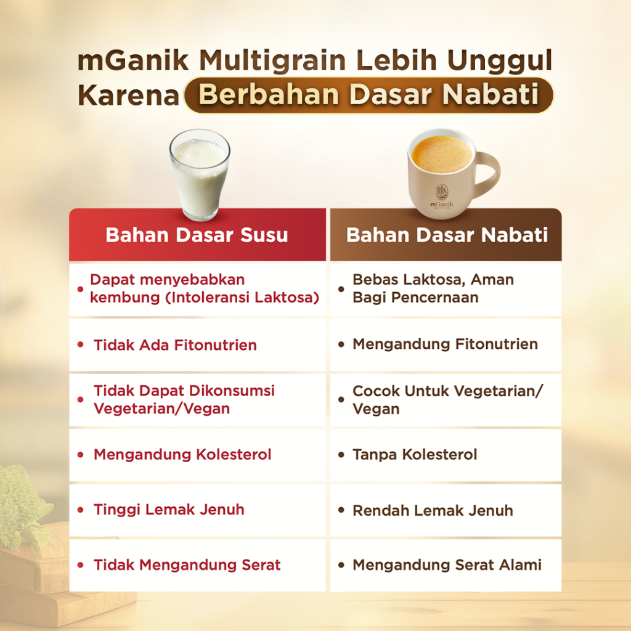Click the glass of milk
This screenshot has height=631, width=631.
(200, 175)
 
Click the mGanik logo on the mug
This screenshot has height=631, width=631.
(442, 197)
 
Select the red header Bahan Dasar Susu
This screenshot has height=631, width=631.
(197, 235)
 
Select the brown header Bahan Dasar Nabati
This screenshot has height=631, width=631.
(446, 235)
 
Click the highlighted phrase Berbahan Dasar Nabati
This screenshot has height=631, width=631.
(368, 95)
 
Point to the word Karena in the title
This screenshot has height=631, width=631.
(128, 96)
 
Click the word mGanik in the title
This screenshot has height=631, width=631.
(133, 61)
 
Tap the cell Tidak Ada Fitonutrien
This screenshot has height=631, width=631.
(197, 345)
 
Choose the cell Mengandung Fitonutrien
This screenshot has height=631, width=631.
(446, 345)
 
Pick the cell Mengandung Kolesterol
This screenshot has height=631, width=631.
(197, 455)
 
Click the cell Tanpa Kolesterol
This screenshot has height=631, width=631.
(446, 455)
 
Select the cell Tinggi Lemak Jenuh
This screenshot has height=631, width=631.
(197, 510)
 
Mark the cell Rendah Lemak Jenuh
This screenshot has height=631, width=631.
(446, 510)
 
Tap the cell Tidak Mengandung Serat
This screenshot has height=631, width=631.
(197, 566)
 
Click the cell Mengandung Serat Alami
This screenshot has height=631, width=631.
(446, 566)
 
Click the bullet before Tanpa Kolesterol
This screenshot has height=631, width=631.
(341, 455)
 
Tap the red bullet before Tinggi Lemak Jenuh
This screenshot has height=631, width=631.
(81, 510)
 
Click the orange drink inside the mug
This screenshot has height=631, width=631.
(442, 153)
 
